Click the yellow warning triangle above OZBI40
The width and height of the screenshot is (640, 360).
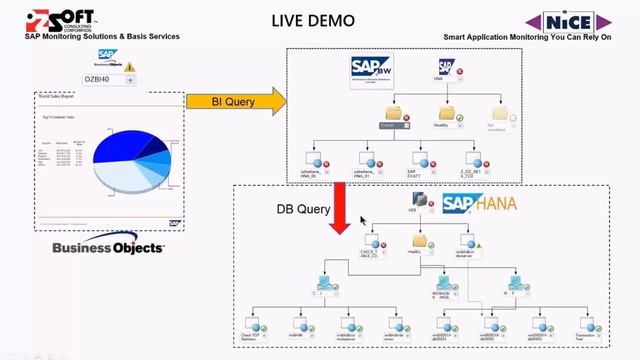tap(129, 67)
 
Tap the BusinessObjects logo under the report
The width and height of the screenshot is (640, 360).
tap(109, 246)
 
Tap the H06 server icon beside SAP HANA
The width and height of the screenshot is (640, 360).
tap(412, 199)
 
